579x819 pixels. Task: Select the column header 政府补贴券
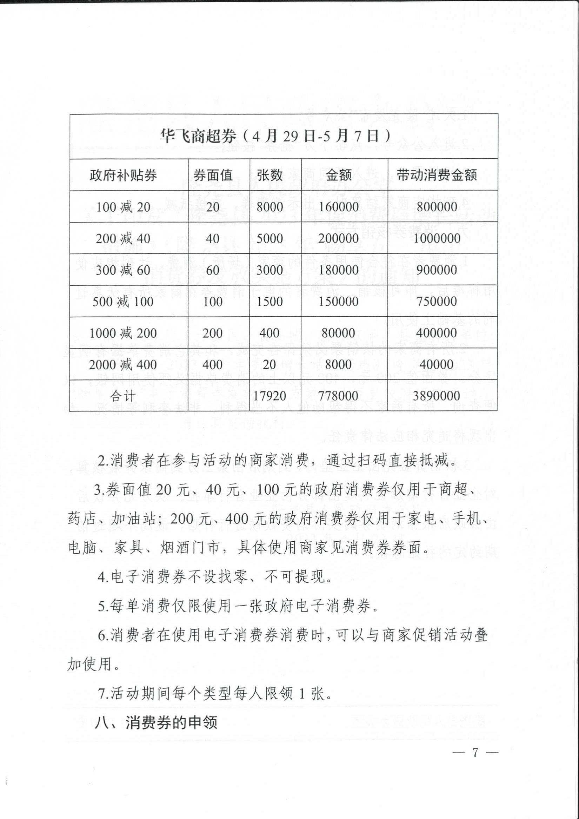point(123,175)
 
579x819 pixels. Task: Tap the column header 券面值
point(213,175)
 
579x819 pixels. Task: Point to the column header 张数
point(269,175)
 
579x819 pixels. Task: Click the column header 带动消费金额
point(437,175)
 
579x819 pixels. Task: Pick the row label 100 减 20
point(123,207)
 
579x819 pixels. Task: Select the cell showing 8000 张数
point(269,207)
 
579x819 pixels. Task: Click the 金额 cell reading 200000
point(338,238)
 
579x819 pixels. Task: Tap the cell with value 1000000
point(437,238)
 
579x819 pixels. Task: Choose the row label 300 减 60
point(123,270)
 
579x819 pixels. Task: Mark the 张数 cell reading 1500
point(269,302)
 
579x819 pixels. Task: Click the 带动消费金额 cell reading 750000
point(437,302)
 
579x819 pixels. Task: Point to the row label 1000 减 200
point(123,333)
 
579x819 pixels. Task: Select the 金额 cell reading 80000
point(338,333)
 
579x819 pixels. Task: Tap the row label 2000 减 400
point(123,364)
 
